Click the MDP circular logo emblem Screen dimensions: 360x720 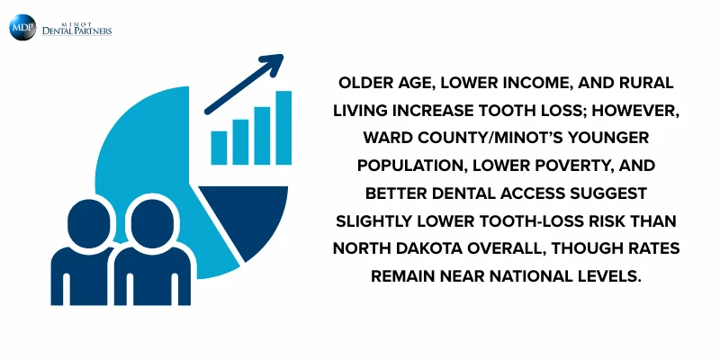(22, 27)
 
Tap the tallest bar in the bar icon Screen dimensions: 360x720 (283, 128)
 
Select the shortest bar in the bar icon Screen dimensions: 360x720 (219, 148)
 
